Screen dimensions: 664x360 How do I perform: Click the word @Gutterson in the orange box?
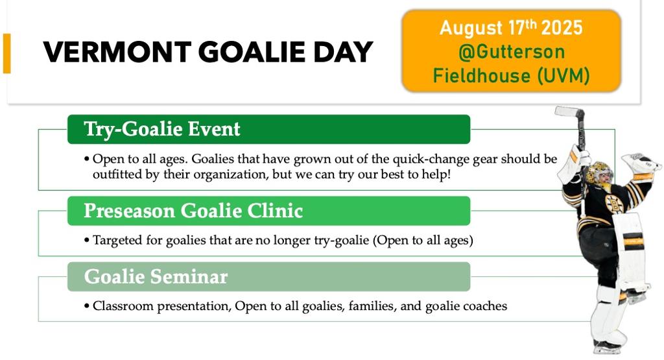pyautogui.click(x=511, y=52)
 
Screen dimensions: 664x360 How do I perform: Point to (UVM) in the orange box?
pyautogui.click(x=563, y=77)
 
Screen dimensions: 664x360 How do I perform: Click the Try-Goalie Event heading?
pyautogui.click(x=162, y=129)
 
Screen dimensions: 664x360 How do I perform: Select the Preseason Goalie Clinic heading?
pyautogui.click(x=193, y=211)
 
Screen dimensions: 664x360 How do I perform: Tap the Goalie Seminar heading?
pyautogui.click(x=156, y=276)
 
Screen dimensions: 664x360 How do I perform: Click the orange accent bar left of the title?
pyautogui.click(x=6, y=53)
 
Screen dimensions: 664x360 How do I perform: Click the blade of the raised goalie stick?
pyautogui.click(x=570, y=112)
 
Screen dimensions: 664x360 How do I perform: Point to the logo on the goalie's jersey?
pyautogui.click(x=613, y=204)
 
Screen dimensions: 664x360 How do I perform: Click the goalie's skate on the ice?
pyautogui.click(x=607, y=346)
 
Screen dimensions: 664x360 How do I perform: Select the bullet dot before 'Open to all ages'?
pyautogui.click(x=87, y=160)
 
